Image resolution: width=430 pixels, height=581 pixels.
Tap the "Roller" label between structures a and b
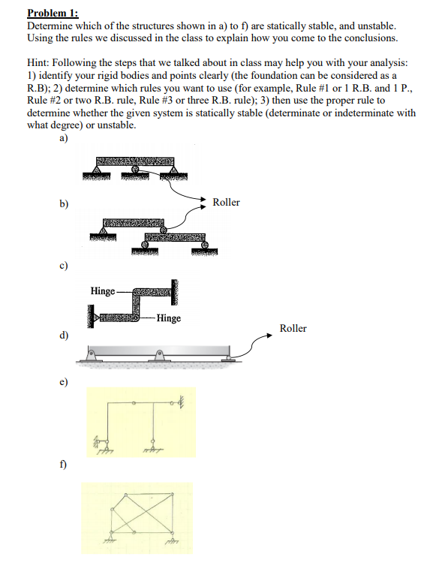pyautogui.click(x=226, y=203)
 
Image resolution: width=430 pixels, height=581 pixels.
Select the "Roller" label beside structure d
pyautogui.click(x=293, y=328)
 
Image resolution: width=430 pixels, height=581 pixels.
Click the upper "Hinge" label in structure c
pyautogui.click(x=102, y=290)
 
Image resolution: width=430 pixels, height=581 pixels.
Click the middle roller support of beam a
pyautogui.click(x=135, y=172)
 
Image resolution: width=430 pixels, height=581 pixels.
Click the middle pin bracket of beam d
pyautogui.click(x=158, y=356)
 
